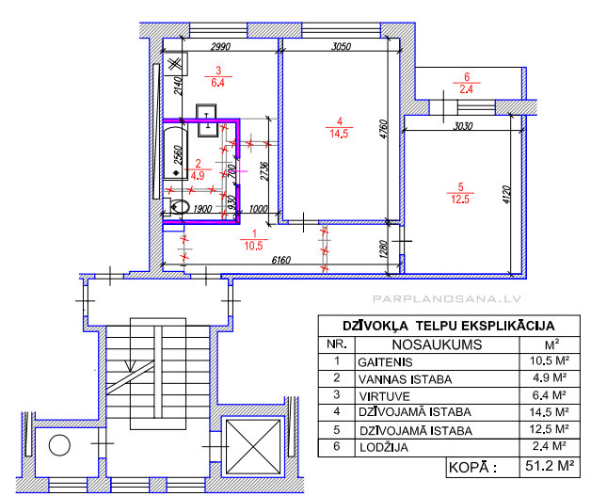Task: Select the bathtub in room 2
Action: [x=175, y=152]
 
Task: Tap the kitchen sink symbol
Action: [x=206, y=120]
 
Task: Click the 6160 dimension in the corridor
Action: [x=281, y=260]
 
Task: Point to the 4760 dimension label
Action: [x=383, y=129]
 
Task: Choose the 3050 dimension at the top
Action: [x=341, y=46]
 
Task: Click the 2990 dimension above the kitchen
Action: [x=220, y=47]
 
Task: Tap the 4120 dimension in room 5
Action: [x=506, y=195]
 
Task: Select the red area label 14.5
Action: [x=339, y=134]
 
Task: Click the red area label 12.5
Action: [x=460, y=200]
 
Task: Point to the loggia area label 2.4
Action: [x=466, y=89]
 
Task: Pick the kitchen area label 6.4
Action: [x=217, y=83]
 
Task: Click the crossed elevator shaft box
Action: [x=253, y=446]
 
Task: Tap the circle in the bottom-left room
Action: [x=59, y=445]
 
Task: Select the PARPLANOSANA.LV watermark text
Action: [x=447, y=299]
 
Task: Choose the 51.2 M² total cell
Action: [x=550, y=467]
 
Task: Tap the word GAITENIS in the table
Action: [x=385, y=362]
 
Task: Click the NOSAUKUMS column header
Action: [x=438, y=344]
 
